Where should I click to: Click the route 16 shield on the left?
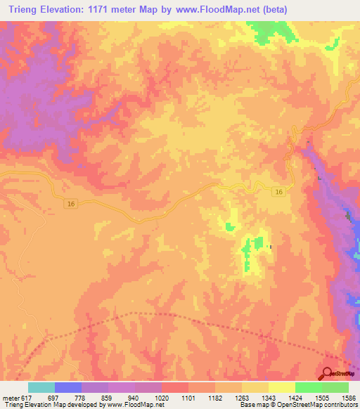(69, 203)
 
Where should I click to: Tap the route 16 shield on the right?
(279, 193)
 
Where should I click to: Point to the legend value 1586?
(349, 398)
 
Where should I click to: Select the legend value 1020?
(161, 398)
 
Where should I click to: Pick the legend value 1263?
(241, 398)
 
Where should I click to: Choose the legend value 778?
(81, 398)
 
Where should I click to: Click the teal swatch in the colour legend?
(41, 387)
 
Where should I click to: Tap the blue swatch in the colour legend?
(68, 387)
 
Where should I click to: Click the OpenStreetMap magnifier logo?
(328, 373)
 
